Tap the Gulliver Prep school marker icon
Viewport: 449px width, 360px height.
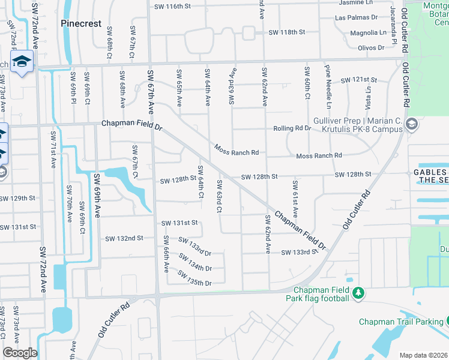click(x=412, y=125)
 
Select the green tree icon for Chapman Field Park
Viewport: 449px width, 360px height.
click(x=358, y=293)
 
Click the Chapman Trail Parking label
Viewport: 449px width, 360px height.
click(x=400, y=322)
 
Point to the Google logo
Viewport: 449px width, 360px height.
click(x=20, y=353)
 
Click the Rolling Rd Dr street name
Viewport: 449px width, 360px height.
click(x=292, y=128)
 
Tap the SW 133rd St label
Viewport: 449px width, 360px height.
click(x=299, y=253)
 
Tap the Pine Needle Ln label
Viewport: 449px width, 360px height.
click(x=328, y=83)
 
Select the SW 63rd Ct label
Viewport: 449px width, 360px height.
click(x=220, y=196)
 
